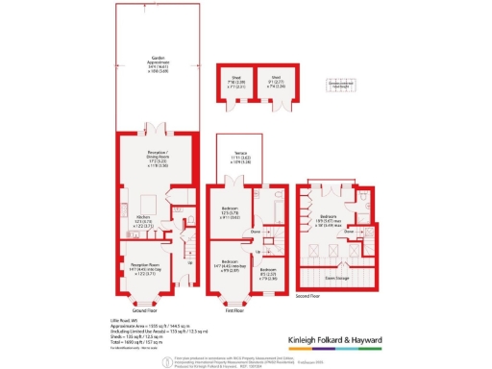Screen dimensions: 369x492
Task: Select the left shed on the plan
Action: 234,85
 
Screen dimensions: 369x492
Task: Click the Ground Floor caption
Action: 143,310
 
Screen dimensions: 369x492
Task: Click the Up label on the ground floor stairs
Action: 188,260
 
